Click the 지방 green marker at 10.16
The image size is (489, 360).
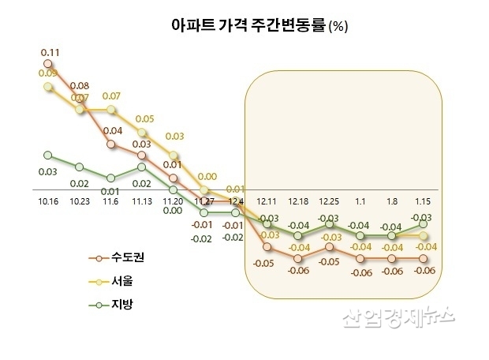click(x=48, y=155)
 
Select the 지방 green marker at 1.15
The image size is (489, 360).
click(x=423, y=224)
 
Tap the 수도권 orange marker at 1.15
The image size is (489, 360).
click(x=423, y=258)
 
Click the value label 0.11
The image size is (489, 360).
click(x=50, y=52)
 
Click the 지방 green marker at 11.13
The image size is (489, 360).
click(x=141, y=167)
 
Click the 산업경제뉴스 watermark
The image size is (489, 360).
click(x=399, y=317)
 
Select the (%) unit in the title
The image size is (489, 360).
click(x=338, y=26)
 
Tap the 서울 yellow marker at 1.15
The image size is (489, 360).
click(x=423, y=235)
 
